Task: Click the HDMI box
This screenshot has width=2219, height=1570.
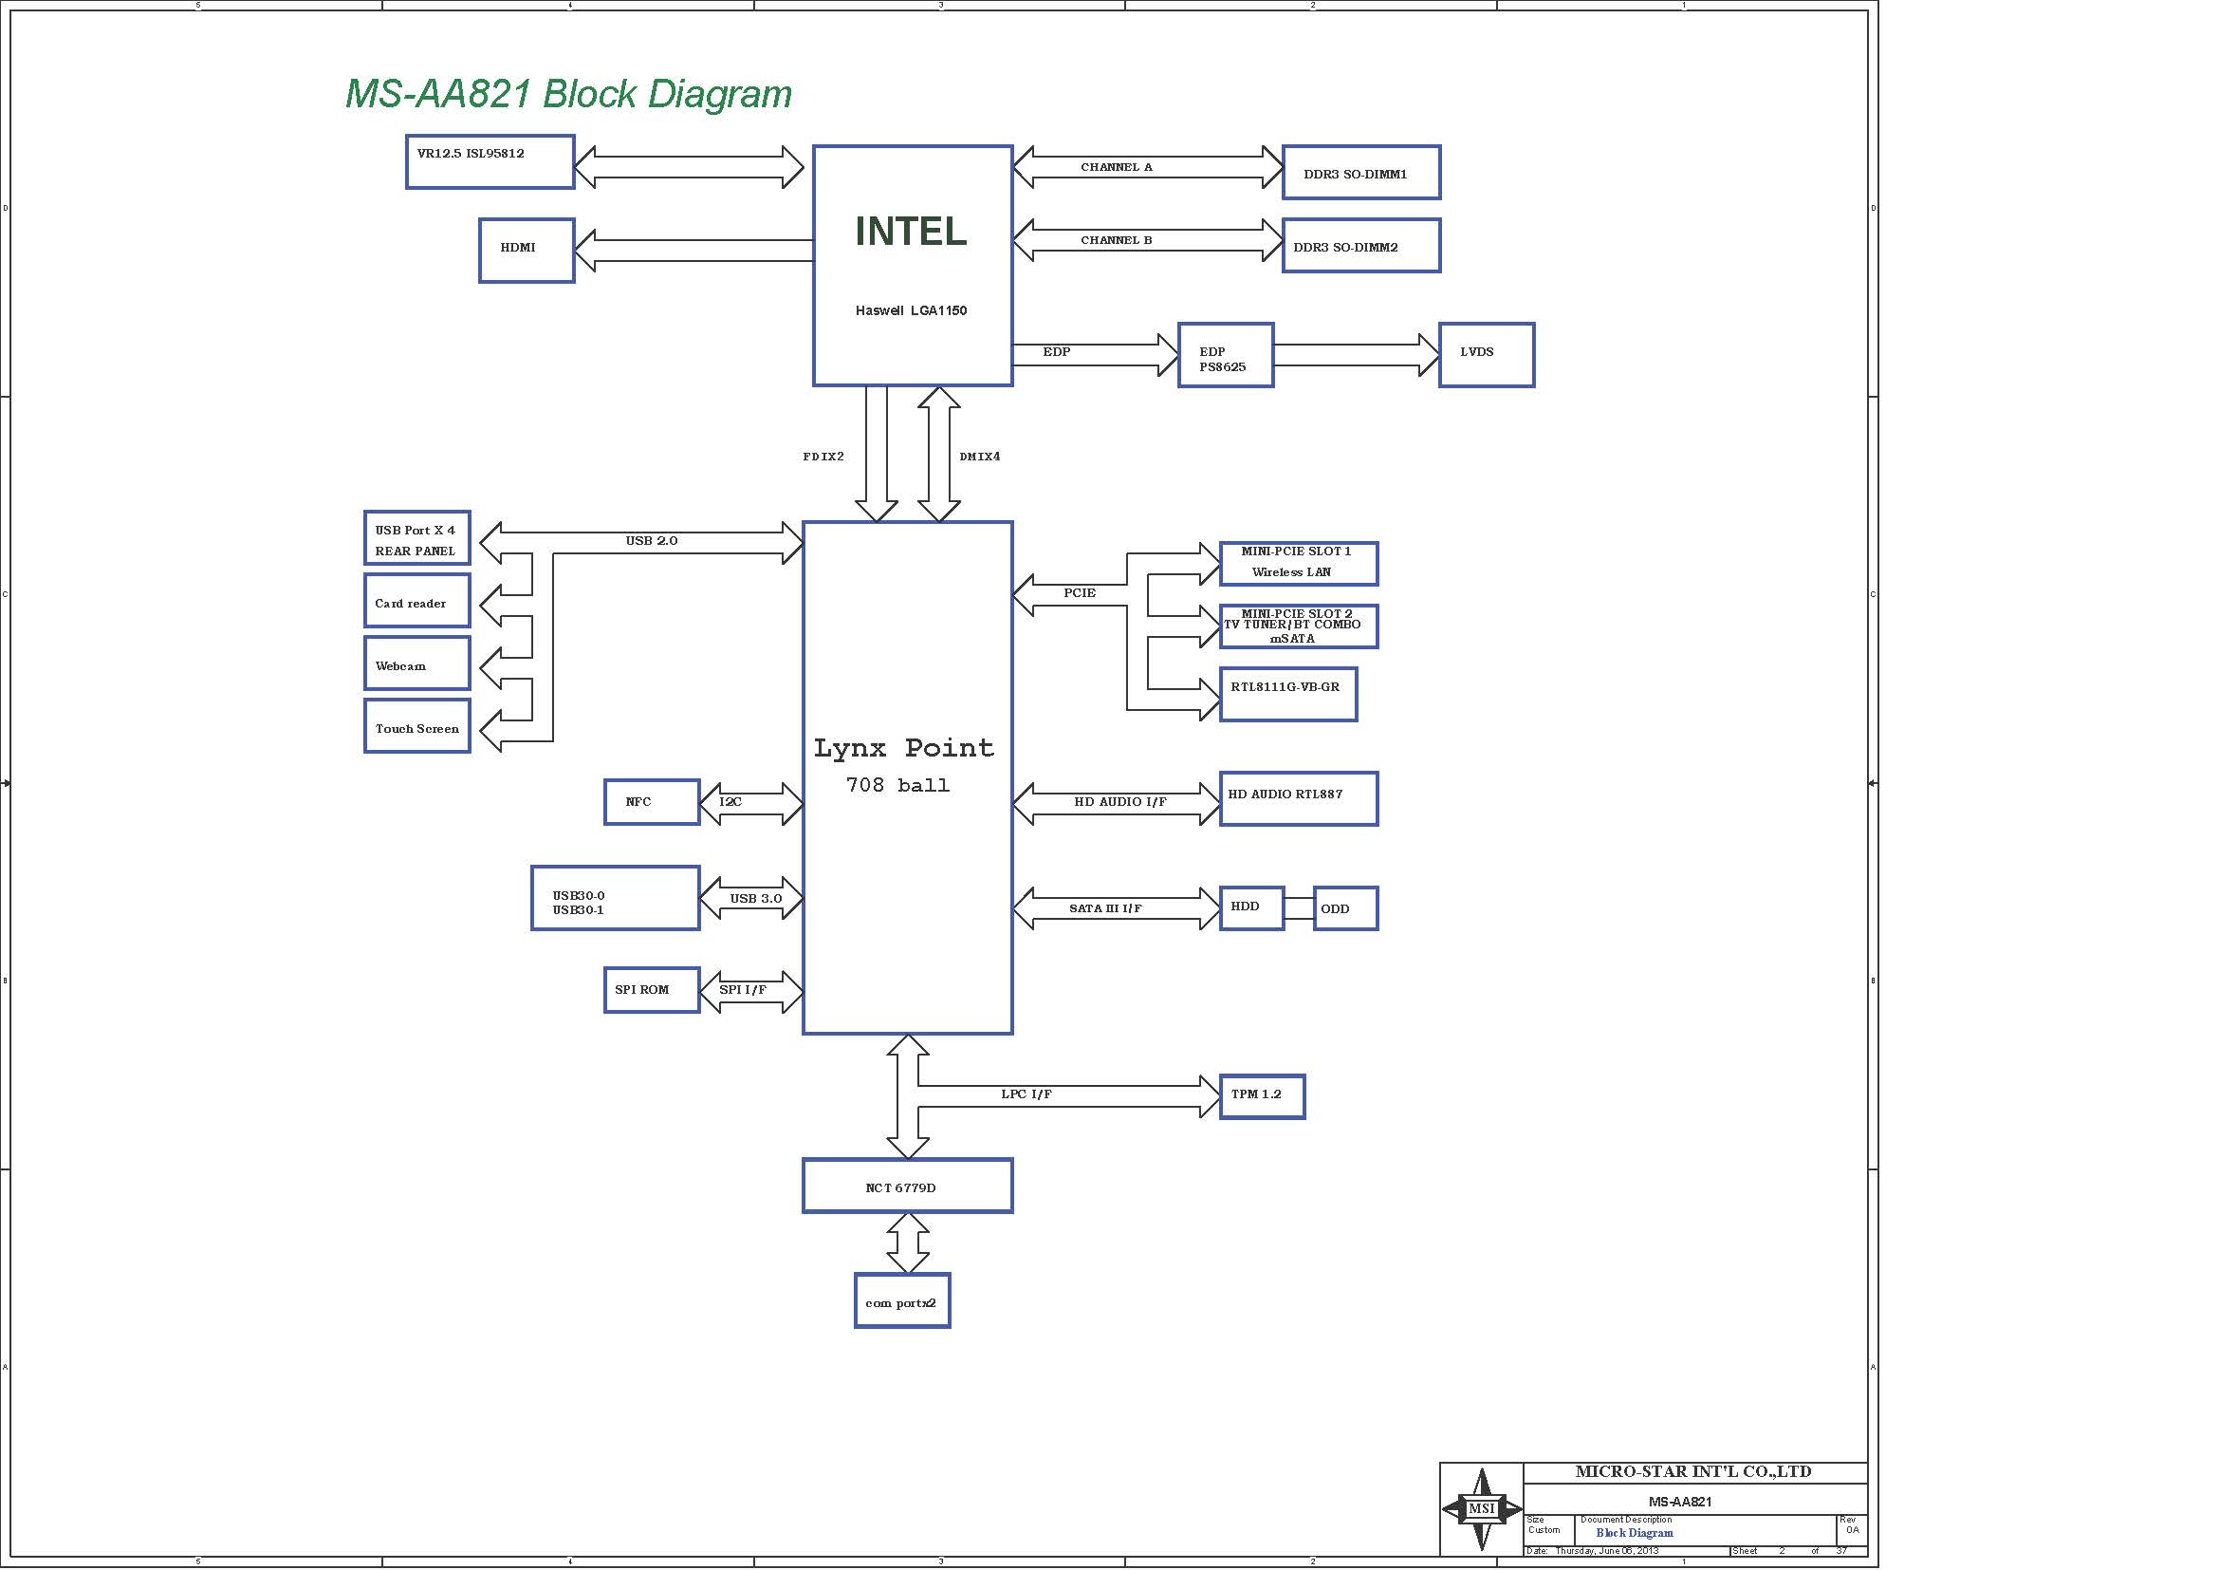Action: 527,251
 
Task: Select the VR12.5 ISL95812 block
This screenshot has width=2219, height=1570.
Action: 490,161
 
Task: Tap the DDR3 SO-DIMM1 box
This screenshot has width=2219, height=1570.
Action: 1361,172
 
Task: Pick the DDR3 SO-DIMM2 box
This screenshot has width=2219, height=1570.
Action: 1361,246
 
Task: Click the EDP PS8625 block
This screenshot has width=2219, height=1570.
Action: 1226,355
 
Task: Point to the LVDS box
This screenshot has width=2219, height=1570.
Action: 1487,355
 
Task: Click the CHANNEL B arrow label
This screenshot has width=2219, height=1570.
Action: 1117,240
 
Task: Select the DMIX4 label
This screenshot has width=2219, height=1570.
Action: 980,457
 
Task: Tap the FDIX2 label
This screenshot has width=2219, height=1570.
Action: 823,457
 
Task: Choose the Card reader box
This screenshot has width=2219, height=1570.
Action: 417,600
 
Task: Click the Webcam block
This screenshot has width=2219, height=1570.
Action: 417,664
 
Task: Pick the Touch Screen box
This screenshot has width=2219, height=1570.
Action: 417,726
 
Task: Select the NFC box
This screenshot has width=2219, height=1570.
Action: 653,801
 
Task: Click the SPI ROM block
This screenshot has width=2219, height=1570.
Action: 653,990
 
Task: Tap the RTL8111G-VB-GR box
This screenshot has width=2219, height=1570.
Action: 1288,694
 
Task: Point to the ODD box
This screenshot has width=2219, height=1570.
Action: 1345,908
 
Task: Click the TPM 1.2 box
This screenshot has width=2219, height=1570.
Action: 1262,1097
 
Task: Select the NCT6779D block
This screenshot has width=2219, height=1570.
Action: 908,1186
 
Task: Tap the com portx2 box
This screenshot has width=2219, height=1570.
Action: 902,1300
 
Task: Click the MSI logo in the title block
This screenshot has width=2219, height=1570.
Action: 1482,1508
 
